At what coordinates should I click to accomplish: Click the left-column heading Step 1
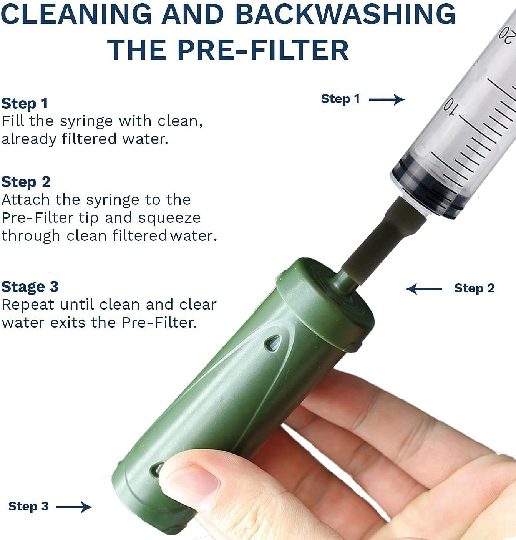pos(25,103)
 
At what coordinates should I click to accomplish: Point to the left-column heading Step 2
pos(26,182)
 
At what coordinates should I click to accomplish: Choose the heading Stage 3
pos(30,287)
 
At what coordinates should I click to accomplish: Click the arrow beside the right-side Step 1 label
pos(387,99)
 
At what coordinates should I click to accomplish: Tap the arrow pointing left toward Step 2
pos(423,289)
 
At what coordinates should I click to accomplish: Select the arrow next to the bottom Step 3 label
pos(74,507)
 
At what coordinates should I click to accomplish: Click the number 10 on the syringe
pos(449,106)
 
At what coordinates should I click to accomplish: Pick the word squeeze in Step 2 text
pos(169,219)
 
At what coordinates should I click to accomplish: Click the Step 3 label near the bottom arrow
pos(28,506)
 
